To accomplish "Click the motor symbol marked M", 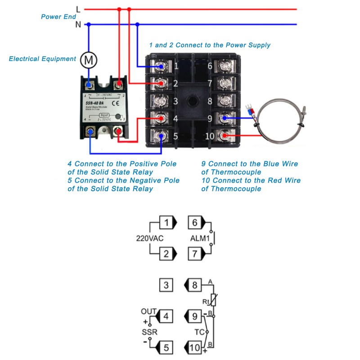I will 89,59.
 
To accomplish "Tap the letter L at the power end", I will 78,9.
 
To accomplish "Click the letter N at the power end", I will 78,24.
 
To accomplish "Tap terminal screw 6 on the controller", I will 225,67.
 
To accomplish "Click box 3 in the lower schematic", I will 166,285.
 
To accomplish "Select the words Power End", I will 58,17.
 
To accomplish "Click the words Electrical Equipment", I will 43,58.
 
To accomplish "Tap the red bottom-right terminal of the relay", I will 119,131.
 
